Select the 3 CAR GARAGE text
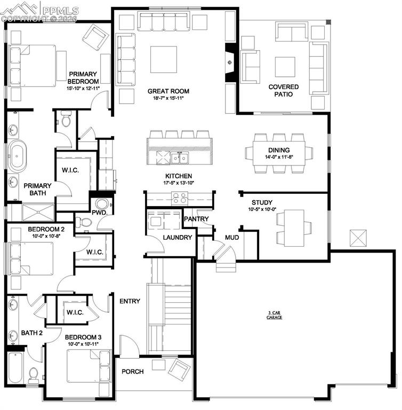pos(275,316)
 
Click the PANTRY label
pos(196,219)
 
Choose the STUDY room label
pos(262,203)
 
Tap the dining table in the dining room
pos(278,153)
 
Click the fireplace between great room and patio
pos(230,62)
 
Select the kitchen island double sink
pos(179,157)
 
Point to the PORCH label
pos(132,372)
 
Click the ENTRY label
pos(130,302)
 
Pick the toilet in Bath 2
pos(33,374)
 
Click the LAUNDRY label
pos(177,238)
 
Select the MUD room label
pos(231,238)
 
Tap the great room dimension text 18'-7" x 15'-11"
pos(168,99)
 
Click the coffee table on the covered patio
pos(285,67)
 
